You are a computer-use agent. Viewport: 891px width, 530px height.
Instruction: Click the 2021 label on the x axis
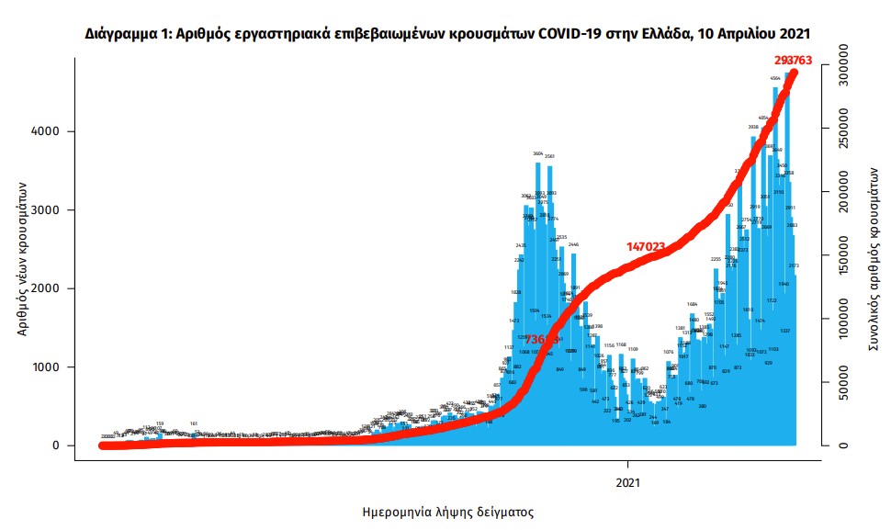pyautogui.click(x=628, y=481)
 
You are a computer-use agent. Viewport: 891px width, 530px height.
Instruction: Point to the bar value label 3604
pyautogui.click(x=538, y=153)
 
